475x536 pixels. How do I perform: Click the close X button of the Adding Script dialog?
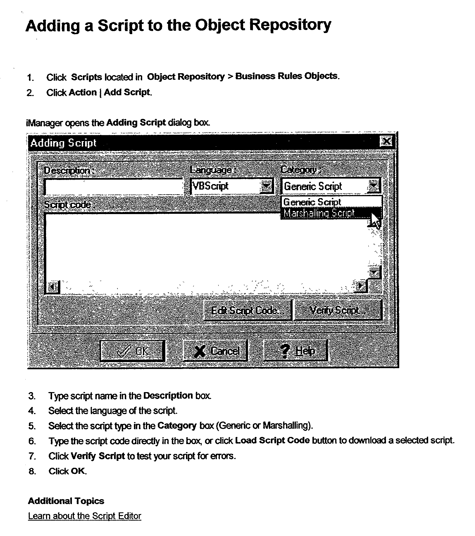click(386, 141)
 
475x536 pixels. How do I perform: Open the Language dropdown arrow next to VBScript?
click(266, 186)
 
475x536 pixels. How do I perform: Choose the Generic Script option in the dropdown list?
click(312, 202)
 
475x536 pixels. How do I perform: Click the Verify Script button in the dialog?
click(338, 310)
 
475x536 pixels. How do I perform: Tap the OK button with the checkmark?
click(133, 351)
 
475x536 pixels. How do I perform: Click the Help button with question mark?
click(296, 351)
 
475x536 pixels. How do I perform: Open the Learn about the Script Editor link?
click(85, 516)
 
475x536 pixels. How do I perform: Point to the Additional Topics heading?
click(66, 501)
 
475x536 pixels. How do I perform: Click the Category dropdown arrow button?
click(374, 186)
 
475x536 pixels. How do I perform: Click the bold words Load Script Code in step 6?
click(272, 441)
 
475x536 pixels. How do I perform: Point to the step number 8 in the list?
click(32, 471)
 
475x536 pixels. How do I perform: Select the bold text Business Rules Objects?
click(286, 76)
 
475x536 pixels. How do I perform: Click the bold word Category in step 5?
click(177, 426)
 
